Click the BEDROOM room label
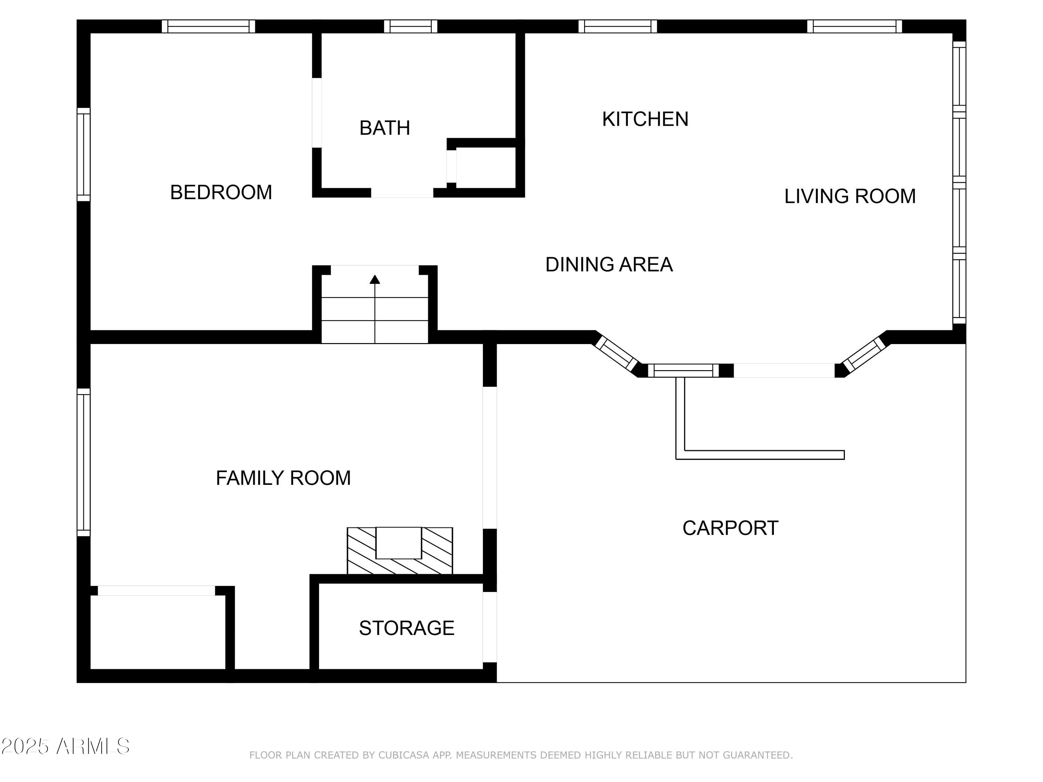[x=221, y=192]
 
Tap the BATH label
[x=385, y=128]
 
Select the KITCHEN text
[x=645, y=119]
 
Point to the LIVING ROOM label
[x=850, y=196]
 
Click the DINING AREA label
[x=609, y=264]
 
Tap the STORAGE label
[x=406, y=628]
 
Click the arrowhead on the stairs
[x=375, y=279]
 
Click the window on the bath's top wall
[x=411, y=26]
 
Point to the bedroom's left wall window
[x=83, y=155]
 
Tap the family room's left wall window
[x=83, y=462]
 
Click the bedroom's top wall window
[x=208, y=26]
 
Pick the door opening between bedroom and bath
[x=317, y=113]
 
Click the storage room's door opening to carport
[x=490, y=627]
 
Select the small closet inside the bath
[x=486, y=168]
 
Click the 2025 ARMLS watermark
[x=66, y=746]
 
